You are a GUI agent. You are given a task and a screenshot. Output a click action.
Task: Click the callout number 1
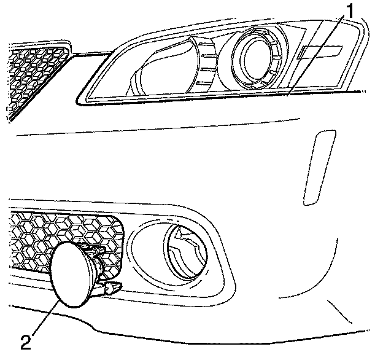coord(349,10)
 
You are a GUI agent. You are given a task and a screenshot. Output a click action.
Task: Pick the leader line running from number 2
coord(46,317)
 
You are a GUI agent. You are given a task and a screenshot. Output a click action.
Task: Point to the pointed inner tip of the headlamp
coord(77,98)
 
